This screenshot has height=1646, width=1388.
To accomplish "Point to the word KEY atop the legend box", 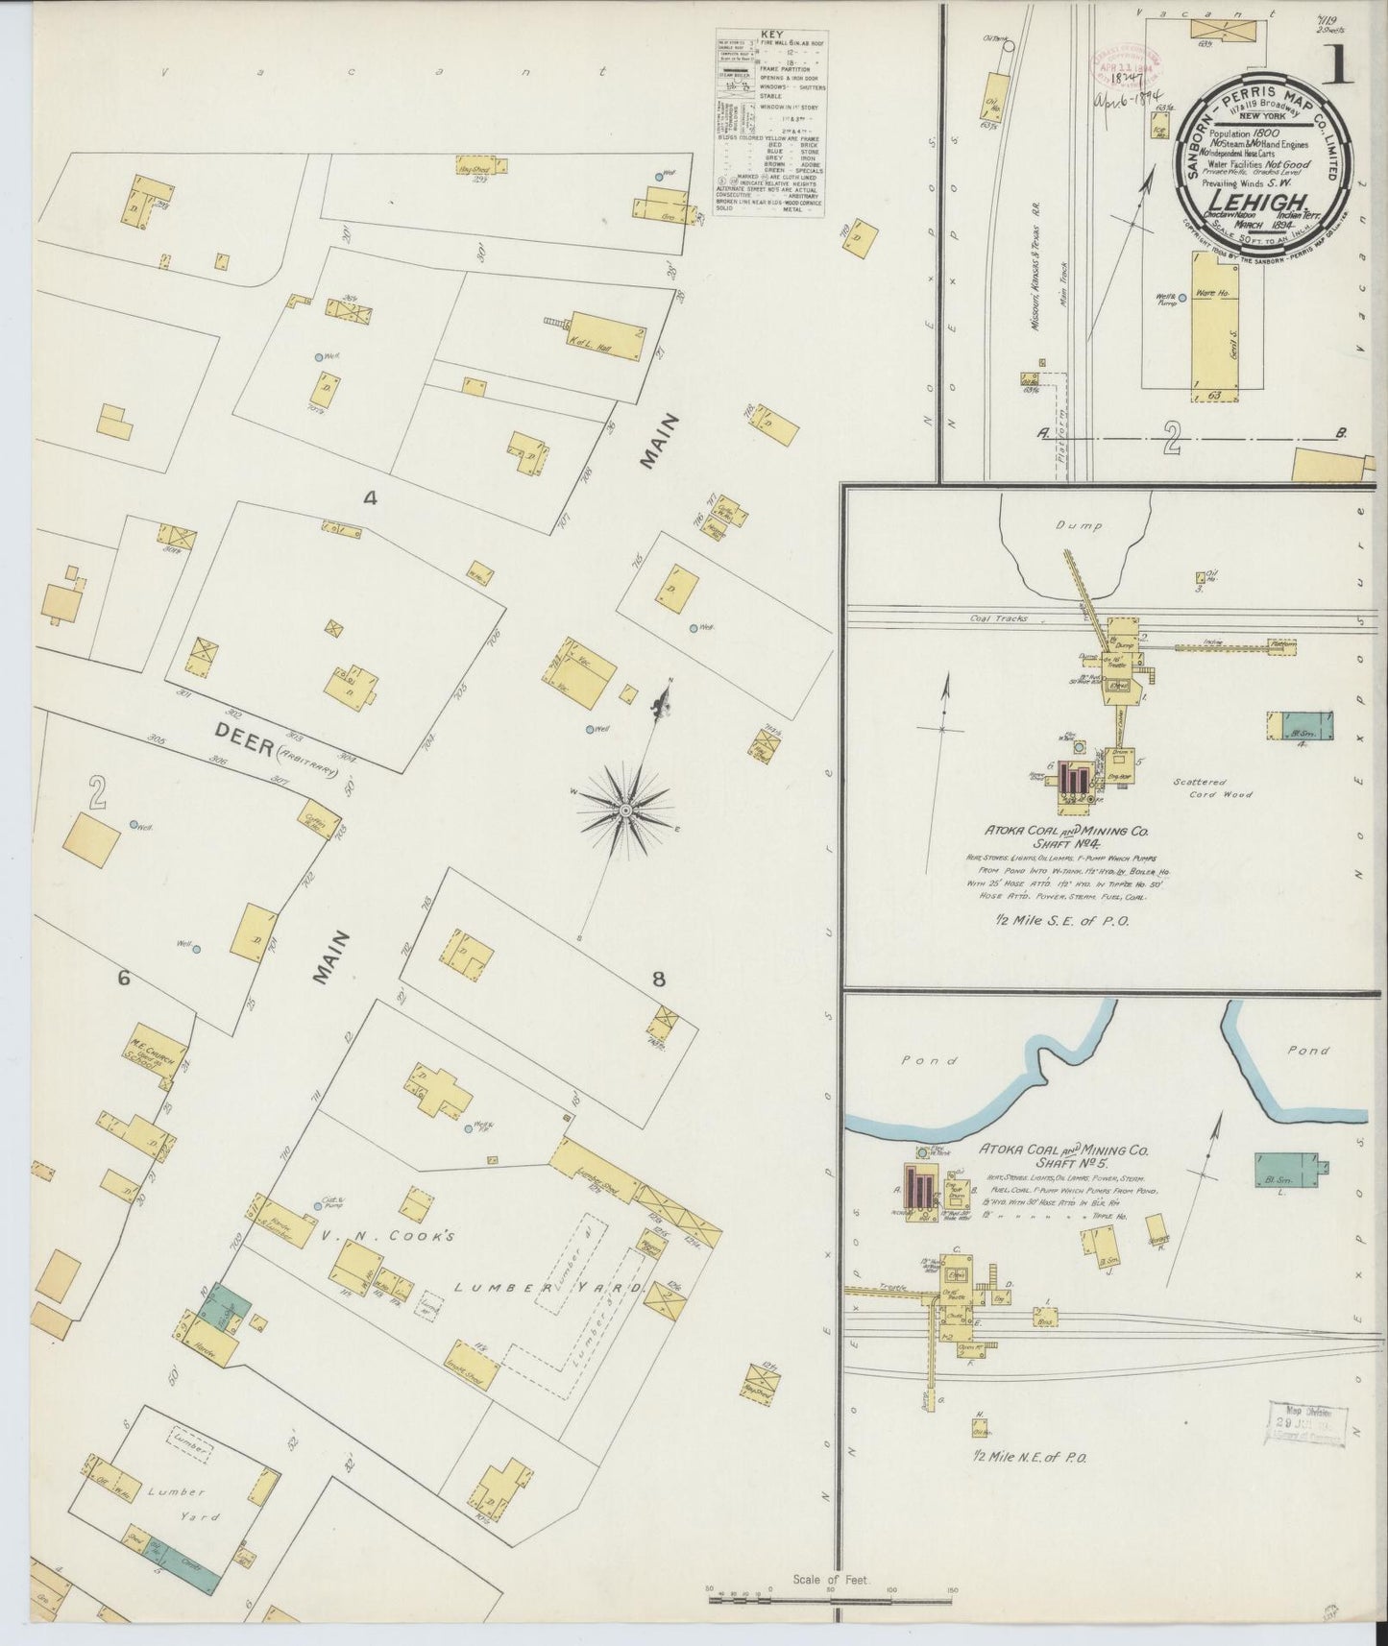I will click(770, 35).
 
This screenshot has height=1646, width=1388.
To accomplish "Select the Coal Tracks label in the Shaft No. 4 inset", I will click(998, 618).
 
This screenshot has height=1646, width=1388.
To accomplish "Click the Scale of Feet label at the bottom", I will click(831, 1579).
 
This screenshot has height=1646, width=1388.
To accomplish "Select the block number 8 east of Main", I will click(658, 980).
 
